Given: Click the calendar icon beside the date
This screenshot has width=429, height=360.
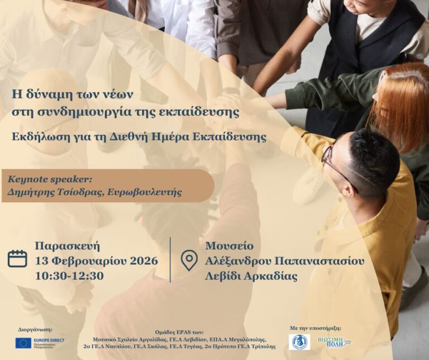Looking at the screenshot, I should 18,258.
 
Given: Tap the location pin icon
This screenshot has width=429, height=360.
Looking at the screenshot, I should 189,260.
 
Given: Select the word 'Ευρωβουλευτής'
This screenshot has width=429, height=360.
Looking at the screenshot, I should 148,192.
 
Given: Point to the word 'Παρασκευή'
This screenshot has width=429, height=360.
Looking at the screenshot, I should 67,245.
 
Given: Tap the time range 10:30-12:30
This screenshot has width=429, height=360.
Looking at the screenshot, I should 69,276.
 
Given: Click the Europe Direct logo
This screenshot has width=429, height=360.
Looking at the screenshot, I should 40,343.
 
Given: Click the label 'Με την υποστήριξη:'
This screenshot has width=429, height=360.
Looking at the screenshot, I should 316,329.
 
